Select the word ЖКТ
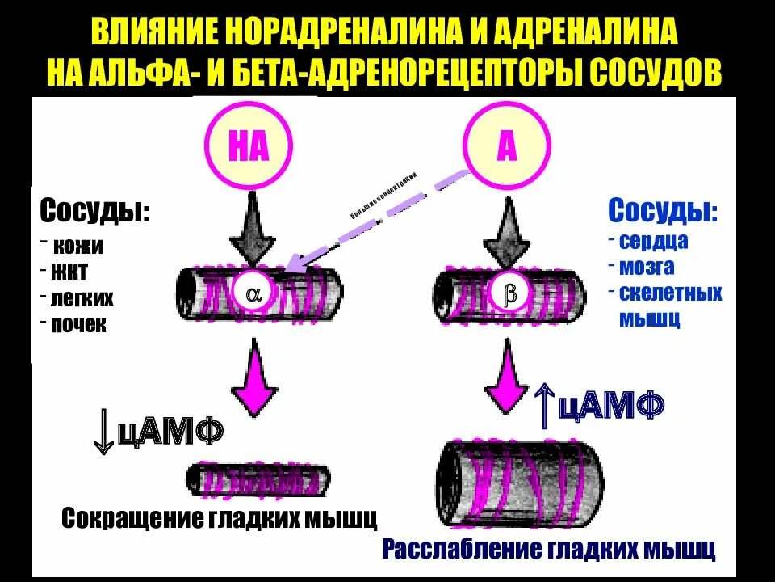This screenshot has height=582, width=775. (x=70, y=272)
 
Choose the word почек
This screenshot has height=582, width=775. (x=78, y=325)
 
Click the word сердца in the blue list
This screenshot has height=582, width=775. (x=654, y=241)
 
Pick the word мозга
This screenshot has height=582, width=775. (x=647, y=266)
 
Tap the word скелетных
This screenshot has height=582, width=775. (x=671, y=292)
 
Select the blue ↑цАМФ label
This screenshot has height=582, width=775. (x=599, y=403)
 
